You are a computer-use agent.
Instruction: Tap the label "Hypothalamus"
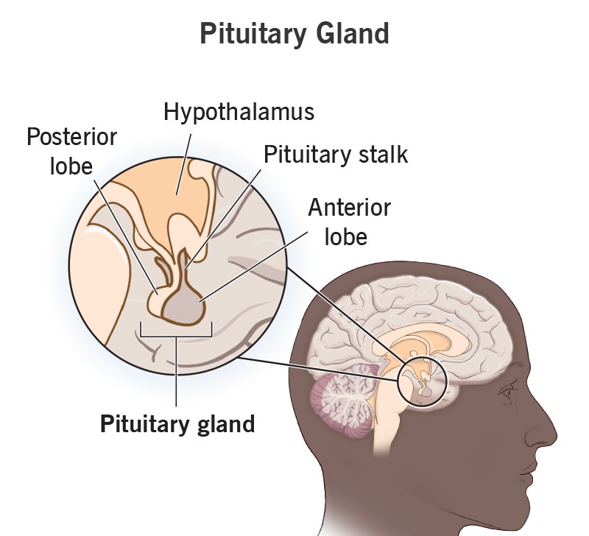click(x=239, y=112)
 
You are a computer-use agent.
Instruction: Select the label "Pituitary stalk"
click(x=336, y=155)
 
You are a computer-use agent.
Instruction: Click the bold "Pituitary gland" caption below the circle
click(x=177, y=423)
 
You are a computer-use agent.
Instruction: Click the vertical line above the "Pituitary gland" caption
click(x=177, y=372)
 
